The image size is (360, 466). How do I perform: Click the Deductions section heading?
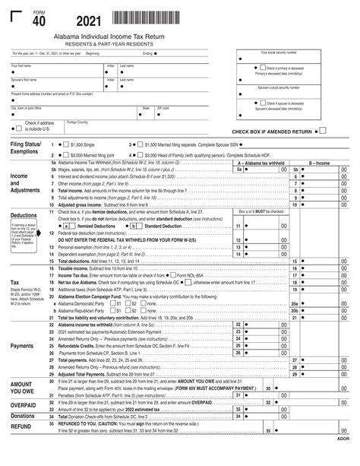click(x=24, y=215)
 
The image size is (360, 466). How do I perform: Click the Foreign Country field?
click(x=99, y=126)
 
